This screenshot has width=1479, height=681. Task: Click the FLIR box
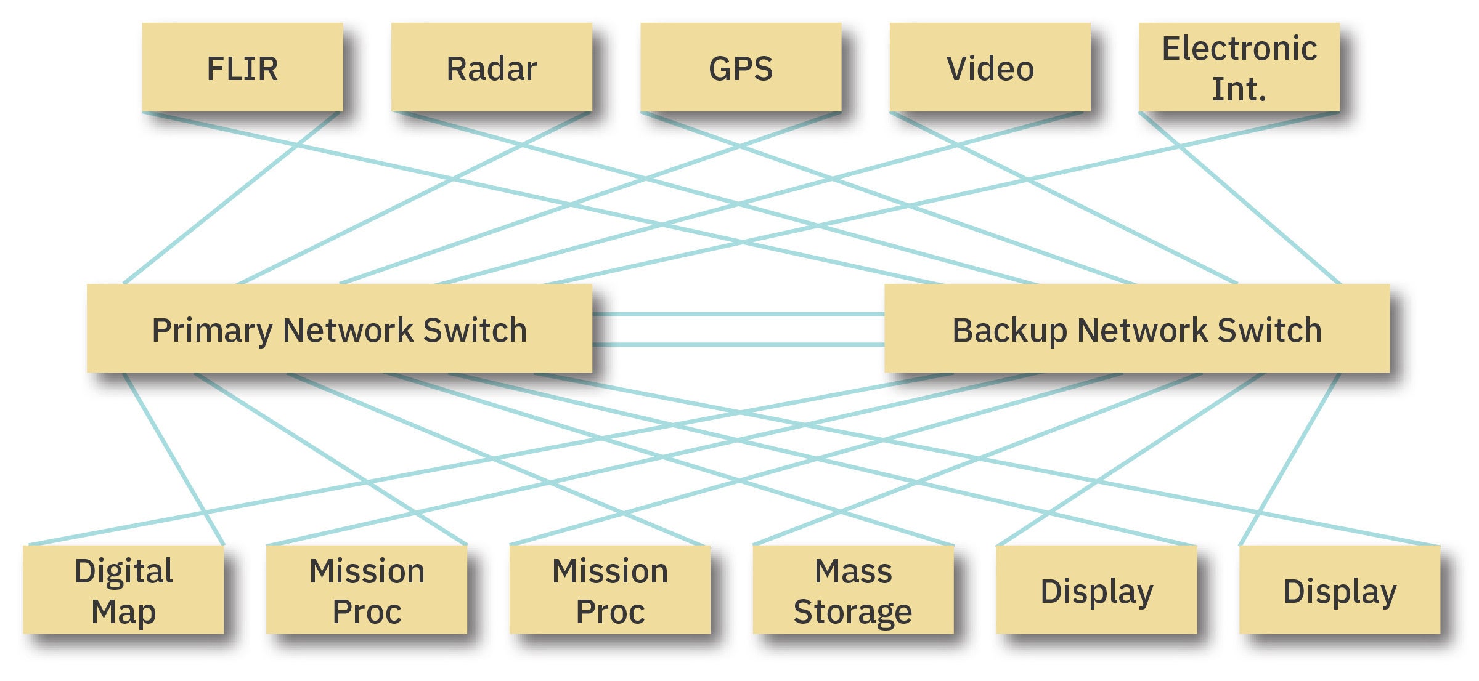pyautogui.click(x=242, y=68)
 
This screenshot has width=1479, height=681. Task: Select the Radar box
pyautogui.click(x=491, y=68)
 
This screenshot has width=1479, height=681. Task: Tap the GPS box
pyautogui.click(x=741, y=68)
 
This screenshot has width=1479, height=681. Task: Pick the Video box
pyautogui.click(x=990, y=68)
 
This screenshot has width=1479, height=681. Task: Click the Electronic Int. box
pyautogui.click(x=1239, y=68)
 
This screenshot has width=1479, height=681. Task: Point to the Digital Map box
pyautogui.click(x=123, y=590)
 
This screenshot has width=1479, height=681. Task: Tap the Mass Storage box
pyautogui.click(x=853, y=590)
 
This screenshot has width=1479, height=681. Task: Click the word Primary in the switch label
pyautogui.click(x=212, y=331)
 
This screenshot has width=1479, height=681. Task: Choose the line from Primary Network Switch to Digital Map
pyautogui.click(x=174, y=459)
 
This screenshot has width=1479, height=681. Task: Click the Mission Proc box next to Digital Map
pyautogui.click(x=367, y=590)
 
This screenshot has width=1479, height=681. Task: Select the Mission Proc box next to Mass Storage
pyautogui.click(x=610, y=590)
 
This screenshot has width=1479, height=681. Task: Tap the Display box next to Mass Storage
pyautogui.click(x=1096, y=590)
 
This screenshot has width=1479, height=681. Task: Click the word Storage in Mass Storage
pyautogui.click(x=853, y=611)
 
